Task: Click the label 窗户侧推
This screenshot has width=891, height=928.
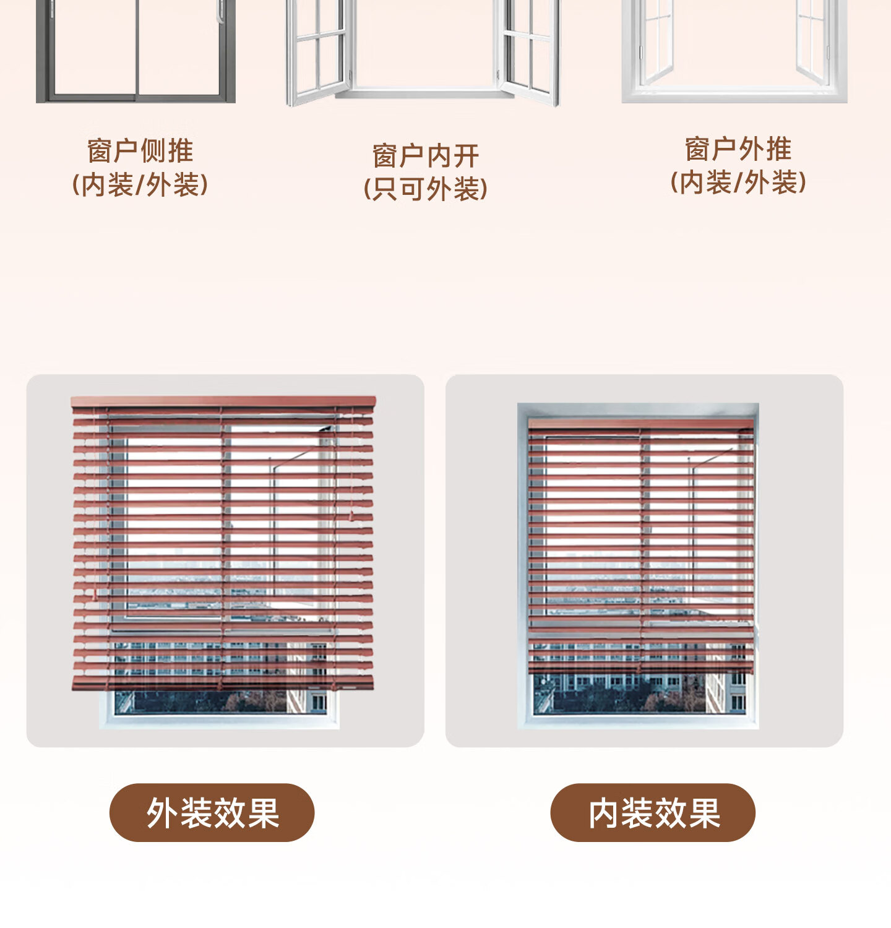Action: pos(140,150)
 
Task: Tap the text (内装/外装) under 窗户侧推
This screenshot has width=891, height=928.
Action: pos(140,184)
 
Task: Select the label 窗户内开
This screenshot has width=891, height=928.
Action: pos(425,156)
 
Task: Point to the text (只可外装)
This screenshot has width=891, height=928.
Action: pos(425,189)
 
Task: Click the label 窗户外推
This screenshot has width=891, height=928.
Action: pos(738,149)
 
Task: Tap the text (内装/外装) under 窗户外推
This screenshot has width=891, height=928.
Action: pos(738,183)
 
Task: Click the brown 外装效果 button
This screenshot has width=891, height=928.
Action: pos(212,812)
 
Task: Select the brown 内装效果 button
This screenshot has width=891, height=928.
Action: pos(653,812)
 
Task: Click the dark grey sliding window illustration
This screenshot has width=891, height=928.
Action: pos(136,49)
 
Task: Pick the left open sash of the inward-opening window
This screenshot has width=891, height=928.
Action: pos(318,49)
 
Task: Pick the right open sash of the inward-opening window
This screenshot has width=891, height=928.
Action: pos(530,49)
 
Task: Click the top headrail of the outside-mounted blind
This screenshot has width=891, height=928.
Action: pos(223,402)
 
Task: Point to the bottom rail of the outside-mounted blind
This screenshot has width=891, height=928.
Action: pos(223,683)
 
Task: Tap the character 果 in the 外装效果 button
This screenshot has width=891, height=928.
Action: pos(263,812)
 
